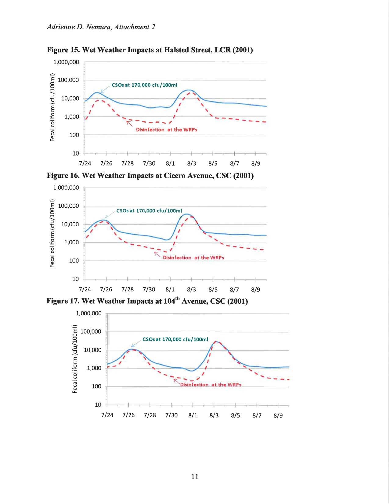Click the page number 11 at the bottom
click(x=195, y=477)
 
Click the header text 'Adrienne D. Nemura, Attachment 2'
click(x=101, y=27)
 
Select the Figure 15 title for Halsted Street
click(x=150, y=50)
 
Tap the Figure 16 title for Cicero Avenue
click(x=150, y=176)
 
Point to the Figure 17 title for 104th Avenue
click(x=147, y=301)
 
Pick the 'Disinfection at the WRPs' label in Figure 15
click(x=166, y=130)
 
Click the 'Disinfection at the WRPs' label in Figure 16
click(x=193, y=257)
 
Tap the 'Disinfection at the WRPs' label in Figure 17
click(x=211, y=385)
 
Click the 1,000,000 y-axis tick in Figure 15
click(x=66, y=62)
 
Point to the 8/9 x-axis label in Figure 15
click(x=256, y=163)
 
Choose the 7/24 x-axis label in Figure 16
click(x=85, y=290)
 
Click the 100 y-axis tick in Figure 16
click(x=74, y=261)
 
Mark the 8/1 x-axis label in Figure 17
click(x=193, y=415)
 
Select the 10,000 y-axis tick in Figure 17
click(x=92, y=350)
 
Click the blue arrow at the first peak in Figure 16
click(x=110, y=215)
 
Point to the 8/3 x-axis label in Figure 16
click(x=191, y=290)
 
